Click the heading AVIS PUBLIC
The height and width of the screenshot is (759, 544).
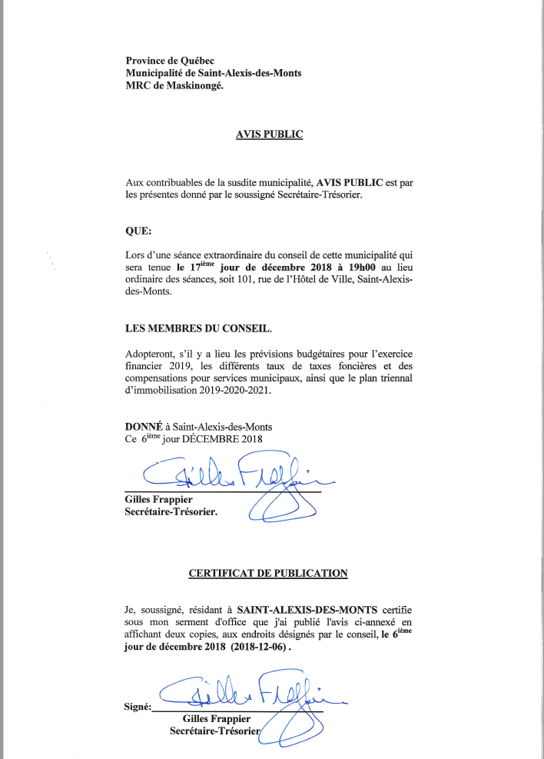[x=269, y=135]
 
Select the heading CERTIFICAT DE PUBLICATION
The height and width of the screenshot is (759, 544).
[x=268, y=573]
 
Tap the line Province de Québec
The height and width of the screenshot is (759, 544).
[x=170, y=61]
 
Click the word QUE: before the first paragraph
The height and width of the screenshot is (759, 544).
[x=138, y=229]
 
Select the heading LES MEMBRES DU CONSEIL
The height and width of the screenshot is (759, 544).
[x=197, y=328]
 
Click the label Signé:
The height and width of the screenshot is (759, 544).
[x=138, y=707]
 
